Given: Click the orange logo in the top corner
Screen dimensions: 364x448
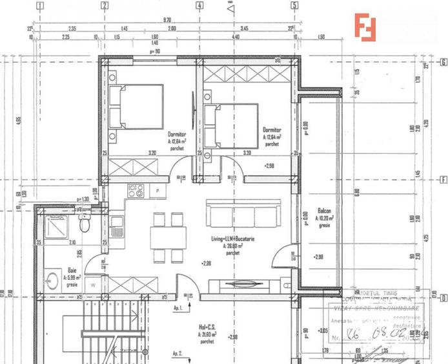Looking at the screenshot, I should pyautogui.click(x=367, y=27).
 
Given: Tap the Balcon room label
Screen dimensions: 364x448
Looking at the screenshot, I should pyautogui.click(x=325, y=211).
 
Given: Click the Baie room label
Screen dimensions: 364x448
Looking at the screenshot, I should pyautogui.click(x=73, y=271).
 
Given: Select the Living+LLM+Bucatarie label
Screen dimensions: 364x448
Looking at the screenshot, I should pyautogui.click(x=232, y=239).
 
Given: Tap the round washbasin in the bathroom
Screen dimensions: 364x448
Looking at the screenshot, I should pyautogui.click(x=52, y=281).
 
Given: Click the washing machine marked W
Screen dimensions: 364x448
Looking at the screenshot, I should pyautogui.click(x=94, y=284).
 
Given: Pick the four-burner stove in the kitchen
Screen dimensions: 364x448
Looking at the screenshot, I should pyautogui.click(x=136, y=191).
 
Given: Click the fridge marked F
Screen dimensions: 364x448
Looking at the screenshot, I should pyautogui.click(x=158, y=191).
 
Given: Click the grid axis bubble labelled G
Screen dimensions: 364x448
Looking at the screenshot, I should pyautogui.click(x=443, y=63).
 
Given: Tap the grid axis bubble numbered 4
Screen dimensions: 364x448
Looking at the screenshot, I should pyautogui.click(x=199, y=6).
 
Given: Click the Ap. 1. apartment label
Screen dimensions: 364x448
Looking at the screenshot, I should pyautogui.click(x=178, y=308).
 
